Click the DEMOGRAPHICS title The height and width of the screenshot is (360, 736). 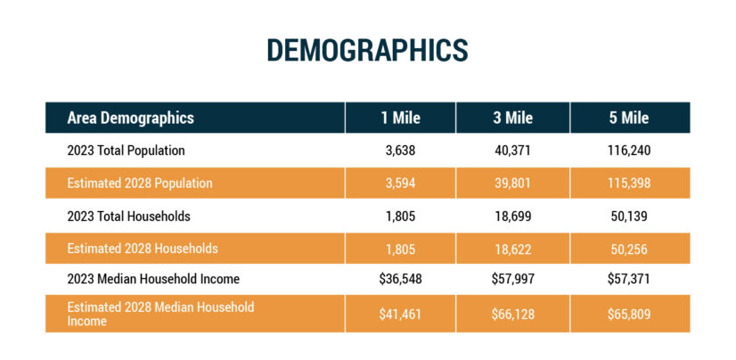[x=367, y=50]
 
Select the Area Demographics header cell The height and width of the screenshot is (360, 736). [x=130, y=118]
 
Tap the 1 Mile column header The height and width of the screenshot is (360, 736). [x=400, y=118]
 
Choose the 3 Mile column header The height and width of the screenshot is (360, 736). [x=512, y=118]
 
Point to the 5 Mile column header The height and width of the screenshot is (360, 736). [x=629, y=118]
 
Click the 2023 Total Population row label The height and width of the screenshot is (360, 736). [x=126, y=151]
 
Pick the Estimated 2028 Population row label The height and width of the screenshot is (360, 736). [x=139, y=184]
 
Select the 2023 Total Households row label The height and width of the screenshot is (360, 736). [x=128, y=216]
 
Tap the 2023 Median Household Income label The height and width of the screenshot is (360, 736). [x=152, y=279]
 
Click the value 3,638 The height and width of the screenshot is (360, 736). [x=400, y=151]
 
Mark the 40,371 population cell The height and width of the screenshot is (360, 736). [x=512, y=151]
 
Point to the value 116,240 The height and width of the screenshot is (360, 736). [x=629, y=151]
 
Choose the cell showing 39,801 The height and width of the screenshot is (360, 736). [x=512, y=184]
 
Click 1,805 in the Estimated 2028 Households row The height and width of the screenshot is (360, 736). [x=400, y=249]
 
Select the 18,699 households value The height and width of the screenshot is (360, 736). [x=512, y=216]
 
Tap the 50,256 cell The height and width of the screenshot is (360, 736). [x=629, y=249]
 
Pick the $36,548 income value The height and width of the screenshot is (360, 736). [x=400, y=279]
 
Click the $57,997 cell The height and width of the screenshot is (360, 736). [x=512, y=279]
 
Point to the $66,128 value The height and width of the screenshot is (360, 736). [x=512, y=313]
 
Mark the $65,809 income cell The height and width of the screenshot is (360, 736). [x=629, y=313]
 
